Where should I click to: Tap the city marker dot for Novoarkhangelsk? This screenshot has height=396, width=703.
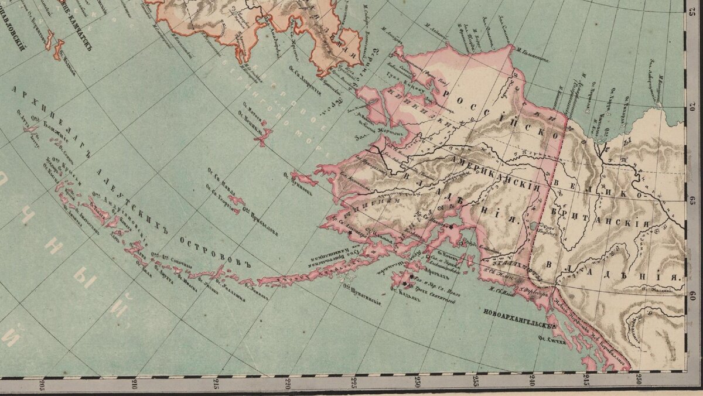tap(552, 326)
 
